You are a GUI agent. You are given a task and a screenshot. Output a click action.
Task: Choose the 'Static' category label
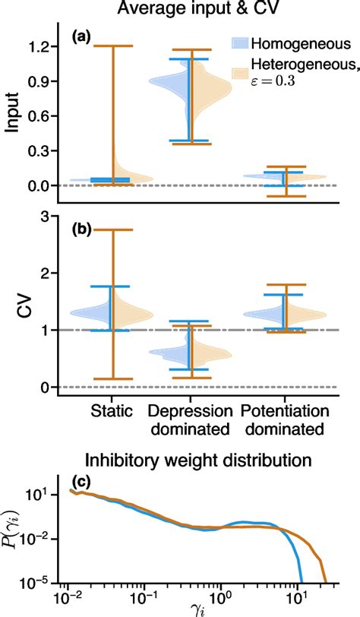(x=110, y=411)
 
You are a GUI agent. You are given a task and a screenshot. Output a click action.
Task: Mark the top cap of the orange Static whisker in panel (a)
(x=112, y=46)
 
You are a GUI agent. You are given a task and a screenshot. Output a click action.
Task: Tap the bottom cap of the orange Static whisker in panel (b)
(x=112, y=378)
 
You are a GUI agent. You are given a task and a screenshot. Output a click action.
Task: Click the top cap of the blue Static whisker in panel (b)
(x=110, y=286)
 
